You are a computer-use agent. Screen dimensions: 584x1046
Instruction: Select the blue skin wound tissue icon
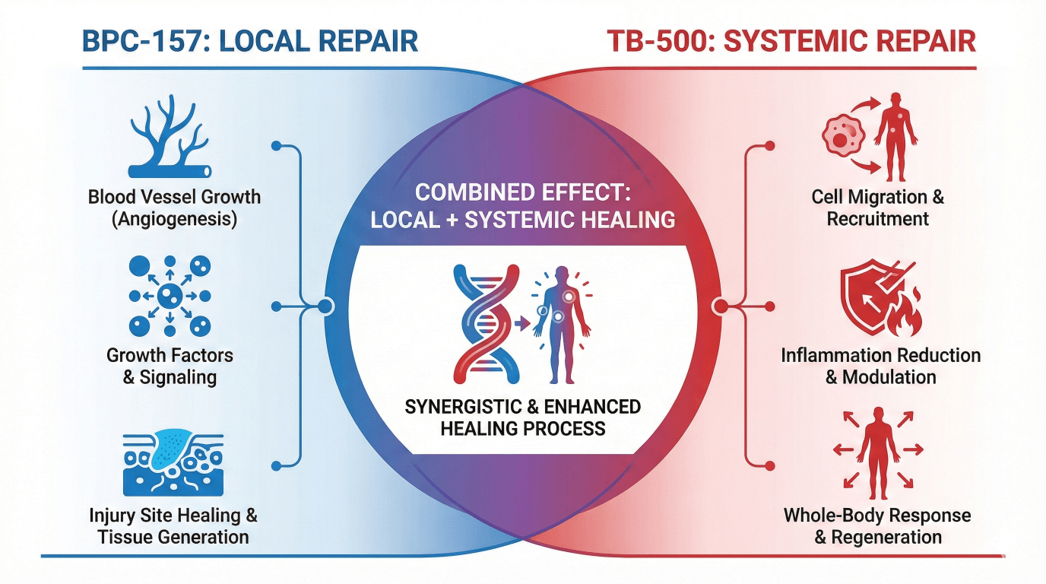pos(173,462)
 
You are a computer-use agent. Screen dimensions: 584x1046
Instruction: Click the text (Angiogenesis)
pos(174,220)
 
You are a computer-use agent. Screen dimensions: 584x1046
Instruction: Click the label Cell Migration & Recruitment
pos(878,208)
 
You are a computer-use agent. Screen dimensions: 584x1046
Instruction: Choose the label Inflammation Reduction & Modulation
pos(880,366)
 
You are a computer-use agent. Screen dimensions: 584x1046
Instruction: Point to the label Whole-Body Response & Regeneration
pos(878,525)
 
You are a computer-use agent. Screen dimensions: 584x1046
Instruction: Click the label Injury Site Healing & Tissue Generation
pos(174,525)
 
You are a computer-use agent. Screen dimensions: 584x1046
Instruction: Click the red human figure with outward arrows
pos(878,449)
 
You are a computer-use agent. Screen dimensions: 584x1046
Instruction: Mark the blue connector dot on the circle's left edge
pos(325,306)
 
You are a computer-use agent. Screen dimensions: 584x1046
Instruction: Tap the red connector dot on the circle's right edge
pos(720,306)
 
